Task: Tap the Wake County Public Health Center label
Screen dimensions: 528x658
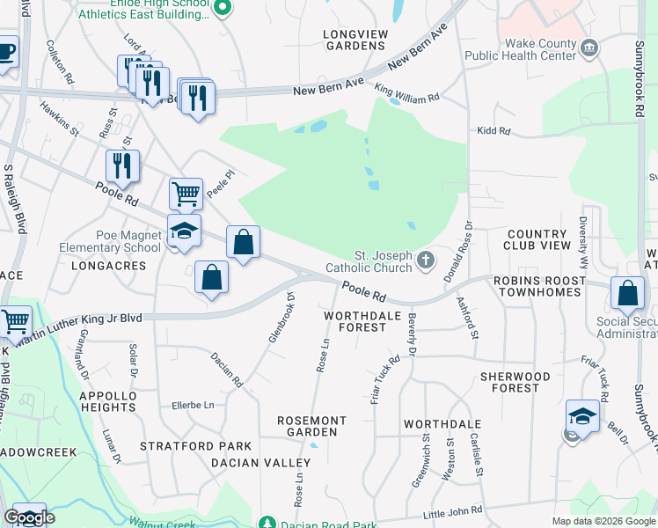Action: (540, 53)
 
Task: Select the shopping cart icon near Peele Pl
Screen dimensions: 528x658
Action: (186, 193)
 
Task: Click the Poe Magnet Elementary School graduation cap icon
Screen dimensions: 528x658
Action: (184, 231)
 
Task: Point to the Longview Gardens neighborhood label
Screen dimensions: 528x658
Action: (355, 40)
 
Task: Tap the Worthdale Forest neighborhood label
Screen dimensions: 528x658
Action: (355, 321)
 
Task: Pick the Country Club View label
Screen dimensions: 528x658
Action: (537, 239)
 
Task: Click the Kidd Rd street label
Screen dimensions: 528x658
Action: (493, 131)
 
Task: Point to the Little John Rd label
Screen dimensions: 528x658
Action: (452, 511)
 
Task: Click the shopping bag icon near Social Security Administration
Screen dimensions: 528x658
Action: (628, 292)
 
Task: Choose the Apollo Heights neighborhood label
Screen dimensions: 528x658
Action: (108, 402)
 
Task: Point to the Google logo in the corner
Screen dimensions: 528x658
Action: (29, 517)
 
